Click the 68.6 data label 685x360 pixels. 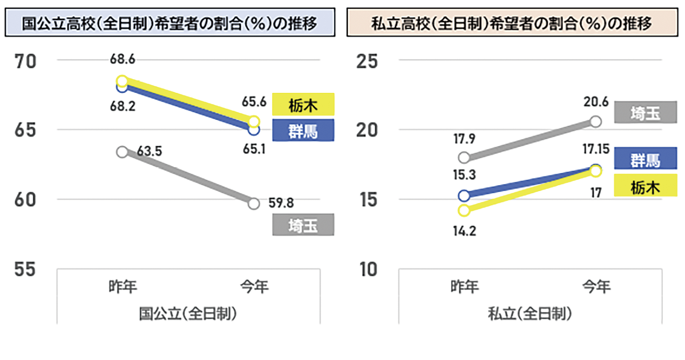(123, 59)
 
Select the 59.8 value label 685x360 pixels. (282, 204)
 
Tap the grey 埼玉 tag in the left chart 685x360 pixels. (303, 226)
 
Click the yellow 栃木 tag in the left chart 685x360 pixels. (303, 105)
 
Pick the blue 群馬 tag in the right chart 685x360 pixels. (646, 159)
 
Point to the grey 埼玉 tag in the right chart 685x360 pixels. (646, 113)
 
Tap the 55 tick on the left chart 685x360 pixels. (25, 269)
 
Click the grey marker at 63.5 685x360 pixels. (123, 152)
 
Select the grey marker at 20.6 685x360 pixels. (595, 121)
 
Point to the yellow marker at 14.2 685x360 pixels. (464, 210)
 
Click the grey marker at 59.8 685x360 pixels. (254, 203)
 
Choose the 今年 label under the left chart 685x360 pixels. (254, 287)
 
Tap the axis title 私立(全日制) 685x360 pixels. (530, 313)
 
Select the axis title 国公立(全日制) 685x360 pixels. (188, 313)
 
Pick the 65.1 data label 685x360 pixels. (254, 147)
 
